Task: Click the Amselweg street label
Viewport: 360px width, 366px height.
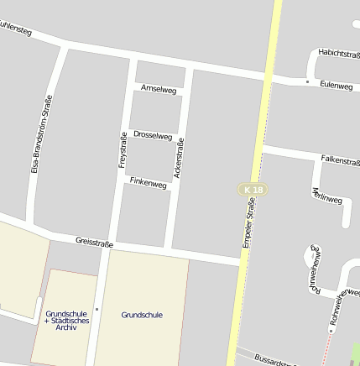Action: [x=159, y=88]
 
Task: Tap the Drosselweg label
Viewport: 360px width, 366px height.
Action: [x=153, y=135]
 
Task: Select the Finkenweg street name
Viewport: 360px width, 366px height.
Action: [x=147, y=183]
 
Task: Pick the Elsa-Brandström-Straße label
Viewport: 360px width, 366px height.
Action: [x=36, y=133]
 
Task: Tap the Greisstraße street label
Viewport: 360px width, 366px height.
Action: [x=94, y=241]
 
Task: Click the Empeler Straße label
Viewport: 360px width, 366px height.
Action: [x=248, y=221]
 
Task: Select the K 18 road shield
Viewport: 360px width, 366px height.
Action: [x=250, y=191]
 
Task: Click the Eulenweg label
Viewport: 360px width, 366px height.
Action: [x=336, y=86]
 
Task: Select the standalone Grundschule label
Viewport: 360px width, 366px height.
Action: [x=142, y=315]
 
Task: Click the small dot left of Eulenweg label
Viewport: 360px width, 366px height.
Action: [x=307, y=81]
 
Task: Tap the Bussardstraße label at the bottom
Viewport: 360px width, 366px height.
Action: [x=273, y=362]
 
